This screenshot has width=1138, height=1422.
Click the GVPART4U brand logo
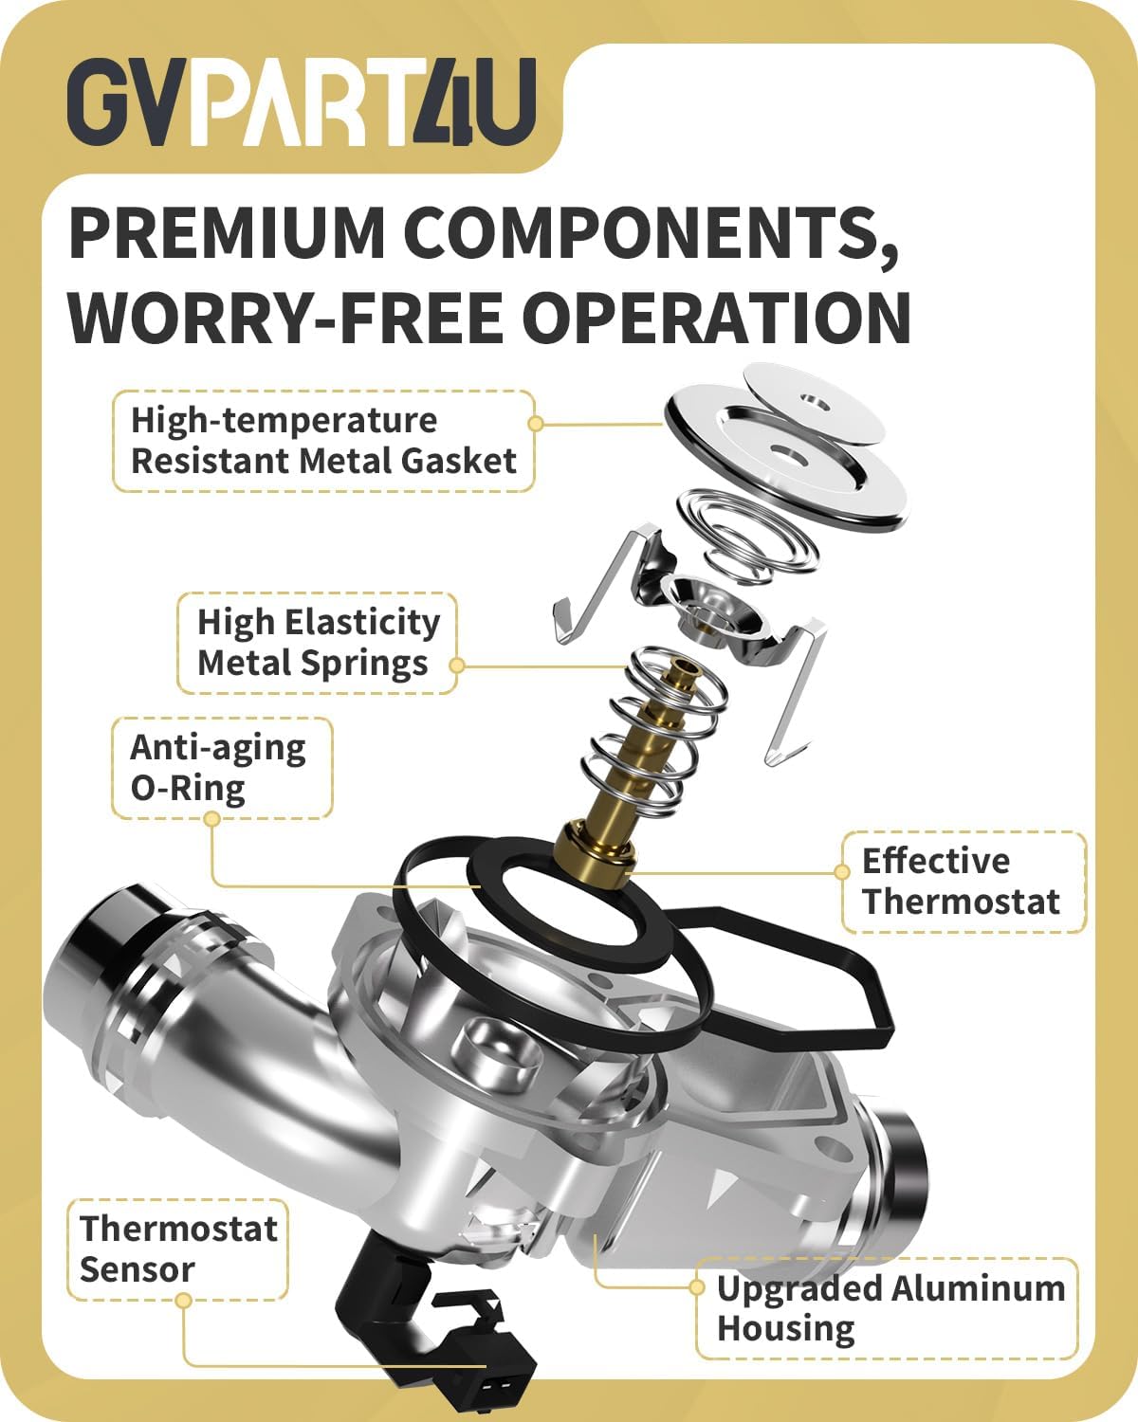pos(301,101)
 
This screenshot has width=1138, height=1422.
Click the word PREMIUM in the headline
pos(227,234)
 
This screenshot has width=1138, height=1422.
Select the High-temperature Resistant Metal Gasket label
pos(323,441)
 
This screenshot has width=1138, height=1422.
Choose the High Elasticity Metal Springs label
pos(318,643)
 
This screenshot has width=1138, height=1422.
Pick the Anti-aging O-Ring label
pos(222,768)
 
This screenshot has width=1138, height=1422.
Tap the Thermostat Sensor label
pos(178,1249)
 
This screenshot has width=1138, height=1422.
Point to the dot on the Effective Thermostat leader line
pos(842,871)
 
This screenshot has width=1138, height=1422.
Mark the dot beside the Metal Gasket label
pos(536,423)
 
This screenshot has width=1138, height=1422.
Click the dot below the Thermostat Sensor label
pos(185,1301)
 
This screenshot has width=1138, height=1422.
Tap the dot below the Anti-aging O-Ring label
pos(212,819)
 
